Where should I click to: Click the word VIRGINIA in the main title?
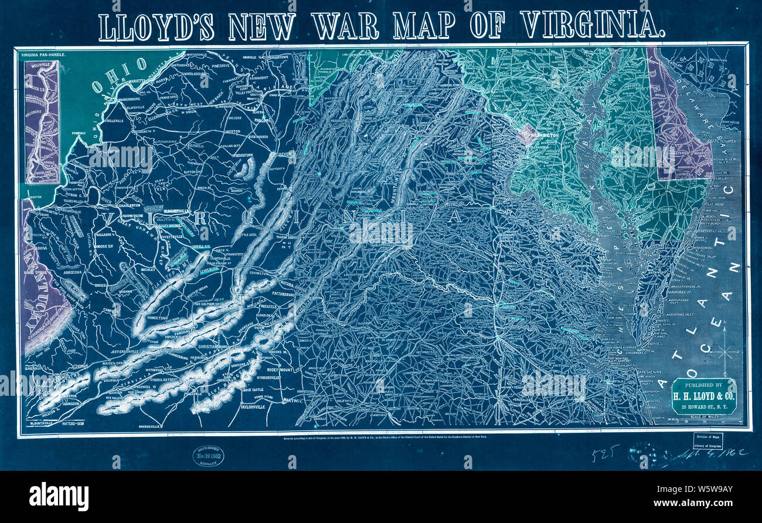point(592,26)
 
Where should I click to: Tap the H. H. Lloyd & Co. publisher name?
point(703,397)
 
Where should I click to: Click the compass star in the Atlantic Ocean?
point(726,351)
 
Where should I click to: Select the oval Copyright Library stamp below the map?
point(209,456)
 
